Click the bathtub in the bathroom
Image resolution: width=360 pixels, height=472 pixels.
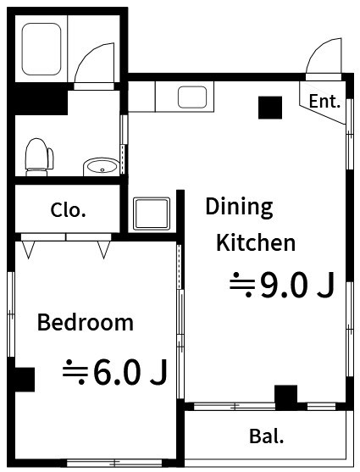click(42, 49)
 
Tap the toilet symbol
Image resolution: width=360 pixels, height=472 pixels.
click(39, 157)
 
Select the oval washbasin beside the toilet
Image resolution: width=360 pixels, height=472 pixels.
click(101, 167)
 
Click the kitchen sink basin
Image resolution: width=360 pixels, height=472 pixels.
click(192, 97)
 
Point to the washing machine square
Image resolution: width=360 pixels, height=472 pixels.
click(152, 214)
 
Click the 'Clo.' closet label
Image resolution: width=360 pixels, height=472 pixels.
click(69, 210)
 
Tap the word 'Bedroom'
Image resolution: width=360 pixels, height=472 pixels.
click(86, 322)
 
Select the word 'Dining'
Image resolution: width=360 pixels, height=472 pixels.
click(239, 208)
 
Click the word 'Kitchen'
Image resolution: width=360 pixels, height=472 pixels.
click(256, 242)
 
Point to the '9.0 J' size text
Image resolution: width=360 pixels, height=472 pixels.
click(297, 285)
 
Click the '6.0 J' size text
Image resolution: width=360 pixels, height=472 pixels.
click(130, 372)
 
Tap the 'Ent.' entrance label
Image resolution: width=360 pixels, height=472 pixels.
click(324, 101)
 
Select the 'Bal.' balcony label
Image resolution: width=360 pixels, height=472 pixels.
click(267, 436)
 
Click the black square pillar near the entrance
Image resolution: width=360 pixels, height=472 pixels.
click(270, 108)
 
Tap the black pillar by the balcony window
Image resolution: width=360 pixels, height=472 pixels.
click(286, 397)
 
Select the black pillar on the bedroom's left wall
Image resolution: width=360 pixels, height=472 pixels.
click(25, 380)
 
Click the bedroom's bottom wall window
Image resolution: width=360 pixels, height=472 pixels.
click(114, 463)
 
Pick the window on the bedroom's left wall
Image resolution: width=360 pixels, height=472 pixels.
click(11, 314)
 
